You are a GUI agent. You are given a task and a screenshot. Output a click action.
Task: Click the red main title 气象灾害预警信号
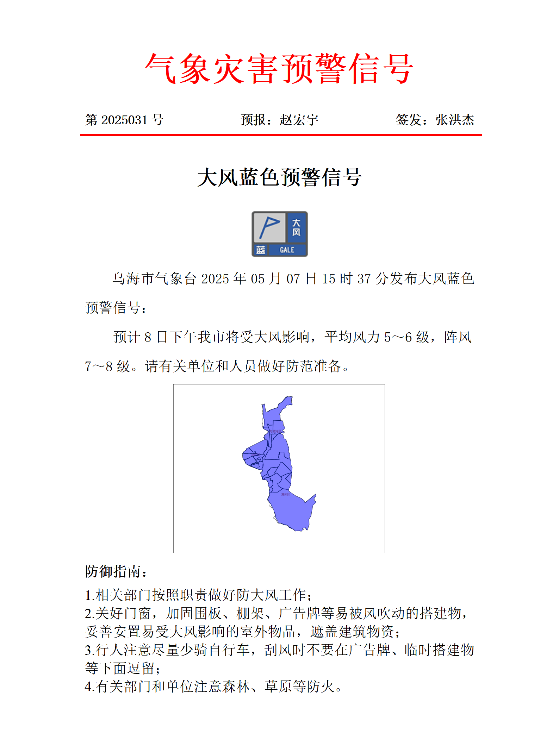click(x=279, y=69)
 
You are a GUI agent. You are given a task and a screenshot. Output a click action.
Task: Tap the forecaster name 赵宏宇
click(x=299, y=120)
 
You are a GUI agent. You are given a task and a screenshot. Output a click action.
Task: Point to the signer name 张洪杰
click(x=455, y=120)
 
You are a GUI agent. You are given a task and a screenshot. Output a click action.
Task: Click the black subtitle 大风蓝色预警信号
click(x=279, y=177)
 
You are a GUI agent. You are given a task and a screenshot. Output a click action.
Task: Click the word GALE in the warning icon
click(x=287, y=250)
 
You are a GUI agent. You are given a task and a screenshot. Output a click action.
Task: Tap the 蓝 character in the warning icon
click(x=261, y=250)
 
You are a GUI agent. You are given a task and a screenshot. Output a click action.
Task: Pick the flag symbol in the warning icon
click(x=269, y=227)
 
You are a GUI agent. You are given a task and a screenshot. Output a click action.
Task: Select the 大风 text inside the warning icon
click(x=296, y=227)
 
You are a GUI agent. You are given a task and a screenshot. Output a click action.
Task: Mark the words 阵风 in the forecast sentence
click(x=458, y=337)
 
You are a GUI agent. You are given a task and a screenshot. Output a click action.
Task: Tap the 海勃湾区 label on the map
click(x=275, y=431)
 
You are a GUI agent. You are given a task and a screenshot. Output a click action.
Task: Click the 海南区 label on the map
click(x=286, y=495)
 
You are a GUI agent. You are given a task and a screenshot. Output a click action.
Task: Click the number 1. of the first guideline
click(x=90, y=595)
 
